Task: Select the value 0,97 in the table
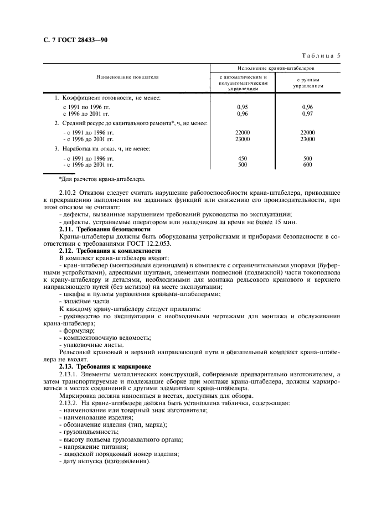coord(307,113)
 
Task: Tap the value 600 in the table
coord(307,164)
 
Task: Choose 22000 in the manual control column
coord(307,132)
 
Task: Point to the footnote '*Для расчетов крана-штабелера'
coord(101,179)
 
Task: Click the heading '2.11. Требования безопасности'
coord(105,229)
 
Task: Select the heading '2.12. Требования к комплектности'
coord(109,250)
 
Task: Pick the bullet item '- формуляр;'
coord(78,330)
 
